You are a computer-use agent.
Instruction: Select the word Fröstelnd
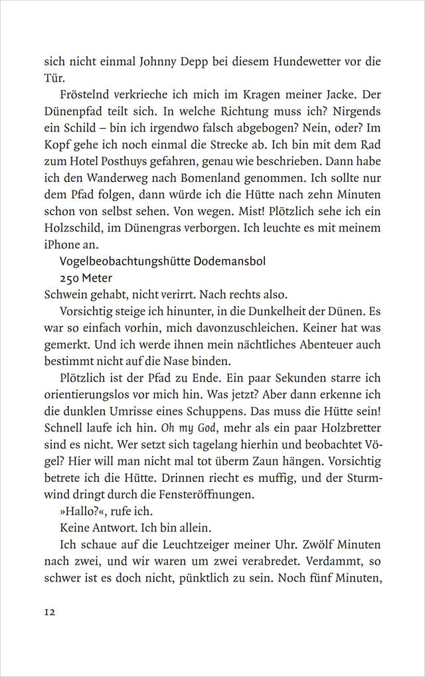[88, 94]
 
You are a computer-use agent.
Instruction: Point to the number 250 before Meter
[71, 278]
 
